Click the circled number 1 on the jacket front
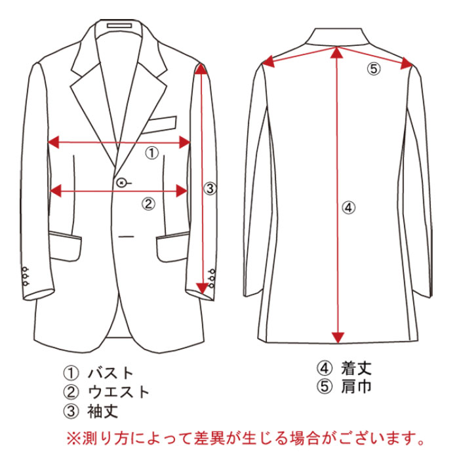(x=151, y=153)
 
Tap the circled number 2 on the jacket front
(x=149, y=203)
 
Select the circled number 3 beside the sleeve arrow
(x=209, y=189)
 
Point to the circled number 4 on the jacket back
(x=348, y=208)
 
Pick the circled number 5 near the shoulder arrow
(x=372, y=68)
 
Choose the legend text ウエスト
(x=119, y=393)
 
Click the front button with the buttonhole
(x=122, y=182)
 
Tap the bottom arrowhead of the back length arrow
(x=338, y=336)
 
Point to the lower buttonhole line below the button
(x=127, y=235)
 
